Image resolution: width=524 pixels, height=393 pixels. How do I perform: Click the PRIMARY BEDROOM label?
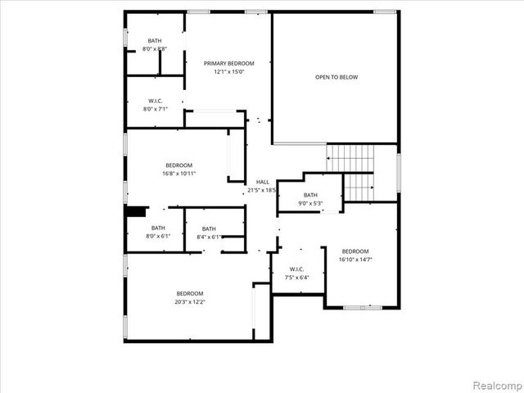coord(229,63)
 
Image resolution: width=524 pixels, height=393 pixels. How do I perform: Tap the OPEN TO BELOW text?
coord(337,78)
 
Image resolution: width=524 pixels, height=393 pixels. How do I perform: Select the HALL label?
coord(262,182)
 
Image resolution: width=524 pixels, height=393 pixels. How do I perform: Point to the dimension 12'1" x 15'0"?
coord(229,72)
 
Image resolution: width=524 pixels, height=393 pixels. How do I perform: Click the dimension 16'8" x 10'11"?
coord(179,174)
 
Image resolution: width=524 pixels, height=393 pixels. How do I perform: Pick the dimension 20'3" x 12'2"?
coord(190,302)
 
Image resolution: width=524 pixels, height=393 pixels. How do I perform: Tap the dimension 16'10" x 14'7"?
coord(355,260)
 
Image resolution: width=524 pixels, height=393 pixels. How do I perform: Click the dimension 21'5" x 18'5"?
coord(262,190)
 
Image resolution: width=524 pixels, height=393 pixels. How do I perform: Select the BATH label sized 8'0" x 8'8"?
coord(155,41)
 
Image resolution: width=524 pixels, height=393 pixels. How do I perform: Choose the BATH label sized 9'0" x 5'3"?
coord(310,195)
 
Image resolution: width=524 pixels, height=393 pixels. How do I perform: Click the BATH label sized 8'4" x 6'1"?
coord(209,228)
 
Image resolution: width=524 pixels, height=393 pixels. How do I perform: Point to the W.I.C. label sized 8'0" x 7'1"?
coord(155,101)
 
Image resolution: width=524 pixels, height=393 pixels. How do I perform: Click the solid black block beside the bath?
coord(136,211)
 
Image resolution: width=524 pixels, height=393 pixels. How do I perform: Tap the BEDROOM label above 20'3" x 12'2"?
coord(190,293)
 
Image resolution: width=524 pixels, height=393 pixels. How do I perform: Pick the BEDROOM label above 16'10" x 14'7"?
coord(355,251)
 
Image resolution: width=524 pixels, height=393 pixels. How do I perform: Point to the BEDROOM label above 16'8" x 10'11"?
coord(179,165)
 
